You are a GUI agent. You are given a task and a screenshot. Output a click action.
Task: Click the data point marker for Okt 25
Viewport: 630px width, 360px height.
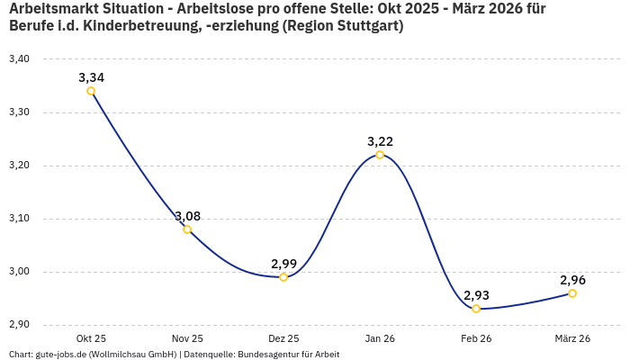tap(91, 91)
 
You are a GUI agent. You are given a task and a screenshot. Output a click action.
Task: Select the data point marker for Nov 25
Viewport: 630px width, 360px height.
tap(187, 229)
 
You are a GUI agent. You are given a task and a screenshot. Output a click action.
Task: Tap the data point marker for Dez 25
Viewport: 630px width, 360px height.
tap(283, 277)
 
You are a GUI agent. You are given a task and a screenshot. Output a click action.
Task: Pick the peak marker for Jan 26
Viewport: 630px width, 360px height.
tap(380, 155)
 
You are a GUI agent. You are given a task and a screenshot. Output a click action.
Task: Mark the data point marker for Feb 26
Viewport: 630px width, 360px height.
tap(476, 309)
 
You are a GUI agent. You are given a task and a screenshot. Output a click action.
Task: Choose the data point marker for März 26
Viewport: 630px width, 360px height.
tap(572, 293)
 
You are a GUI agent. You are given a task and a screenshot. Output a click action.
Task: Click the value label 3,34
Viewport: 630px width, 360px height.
tap(91, 77)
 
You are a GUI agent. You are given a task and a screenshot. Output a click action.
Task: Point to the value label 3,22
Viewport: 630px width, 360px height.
tap(380, 141)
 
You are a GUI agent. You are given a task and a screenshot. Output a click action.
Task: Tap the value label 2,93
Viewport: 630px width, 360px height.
tap(476, 295)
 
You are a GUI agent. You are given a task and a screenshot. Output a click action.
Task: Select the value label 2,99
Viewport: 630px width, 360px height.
tap(283, 264)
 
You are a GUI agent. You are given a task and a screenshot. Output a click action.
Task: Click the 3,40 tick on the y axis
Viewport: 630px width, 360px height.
tap(19, 59)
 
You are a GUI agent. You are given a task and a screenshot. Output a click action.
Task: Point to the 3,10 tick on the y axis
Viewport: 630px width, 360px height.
tap(19, 219)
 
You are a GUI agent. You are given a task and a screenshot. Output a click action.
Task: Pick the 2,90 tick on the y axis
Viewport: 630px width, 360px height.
tap(19, 325)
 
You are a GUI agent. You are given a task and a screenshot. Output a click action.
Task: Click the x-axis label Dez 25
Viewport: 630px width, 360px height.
tap(283, 338)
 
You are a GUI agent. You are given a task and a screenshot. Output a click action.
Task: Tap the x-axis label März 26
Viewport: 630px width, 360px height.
tap(572, 338)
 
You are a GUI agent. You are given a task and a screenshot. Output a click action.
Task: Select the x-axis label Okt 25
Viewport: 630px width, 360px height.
tap(91, 338)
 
